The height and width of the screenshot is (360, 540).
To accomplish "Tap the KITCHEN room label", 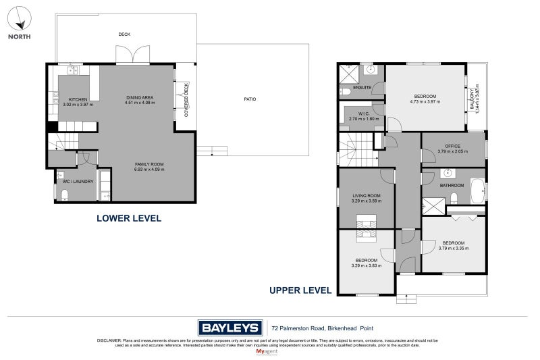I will [x=78, y=99].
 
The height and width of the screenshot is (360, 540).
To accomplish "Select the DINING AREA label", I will [x=140, y=98].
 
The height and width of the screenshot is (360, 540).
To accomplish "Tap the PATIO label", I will [x=250, y=99].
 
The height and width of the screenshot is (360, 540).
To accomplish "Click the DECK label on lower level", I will [x=124, y=34].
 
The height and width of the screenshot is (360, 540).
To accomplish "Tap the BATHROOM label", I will [x=452, y=185].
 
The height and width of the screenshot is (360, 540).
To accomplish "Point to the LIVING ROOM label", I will [x=366, y=196].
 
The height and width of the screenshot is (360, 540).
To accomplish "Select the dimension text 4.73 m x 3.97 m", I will [x=425, y=102].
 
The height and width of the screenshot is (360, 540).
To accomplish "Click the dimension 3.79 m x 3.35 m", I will [x=453, y=248].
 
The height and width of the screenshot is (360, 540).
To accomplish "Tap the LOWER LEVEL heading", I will [x=128, y=218].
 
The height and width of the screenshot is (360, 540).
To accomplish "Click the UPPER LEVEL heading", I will [x=300, y=290].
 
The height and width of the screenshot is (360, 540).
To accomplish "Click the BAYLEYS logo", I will [x=230, y=328].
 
